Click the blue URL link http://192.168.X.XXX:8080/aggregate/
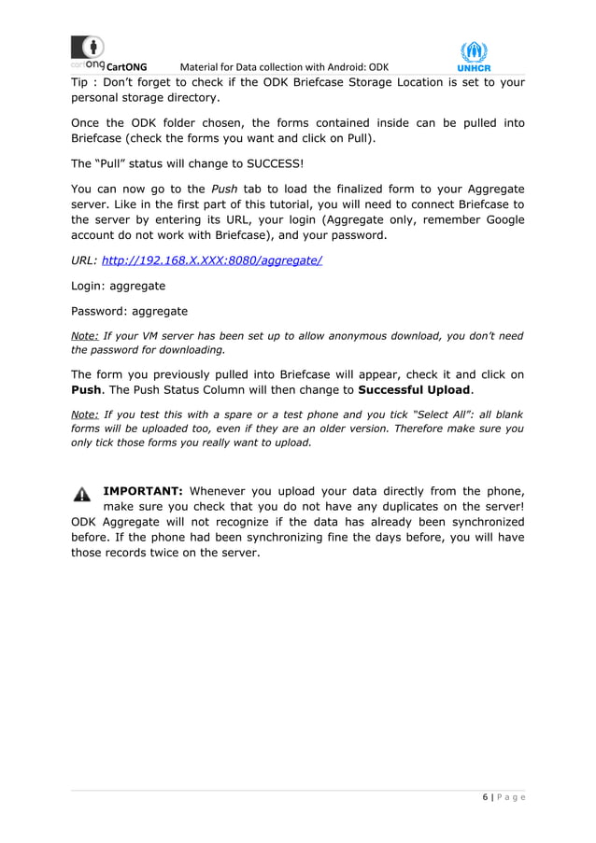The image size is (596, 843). coord(211,260)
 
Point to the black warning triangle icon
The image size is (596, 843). coord(82,495)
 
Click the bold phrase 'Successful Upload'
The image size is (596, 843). coord(415,389)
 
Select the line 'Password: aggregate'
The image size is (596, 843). coord(129,311)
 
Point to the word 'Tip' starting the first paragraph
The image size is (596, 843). coord(81,82)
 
